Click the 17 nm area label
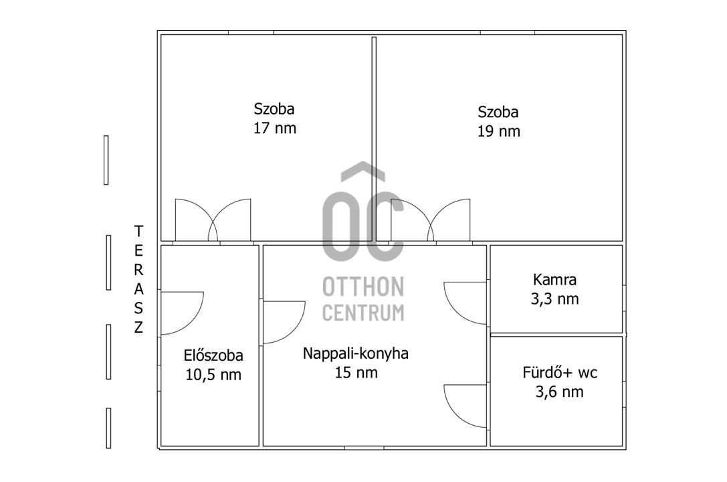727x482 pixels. (274, 128)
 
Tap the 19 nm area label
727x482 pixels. (499, 131)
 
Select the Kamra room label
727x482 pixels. (554, 280)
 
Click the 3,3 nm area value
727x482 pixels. (554, 299)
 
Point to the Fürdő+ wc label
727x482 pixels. (560, 372)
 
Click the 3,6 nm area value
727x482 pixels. (559, 392)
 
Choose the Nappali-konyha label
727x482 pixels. (356, 353)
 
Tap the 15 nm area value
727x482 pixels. (356, 372)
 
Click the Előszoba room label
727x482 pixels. (213, 355)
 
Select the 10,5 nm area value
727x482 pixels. (213, 375)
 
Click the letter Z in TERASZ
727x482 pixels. (138, 327)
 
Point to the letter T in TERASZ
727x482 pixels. (138, 230)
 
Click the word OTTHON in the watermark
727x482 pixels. (363, 287)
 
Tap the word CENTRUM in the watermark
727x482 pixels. (363, 313)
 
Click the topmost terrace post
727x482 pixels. (106, 160)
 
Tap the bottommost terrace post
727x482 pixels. (108, 428)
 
